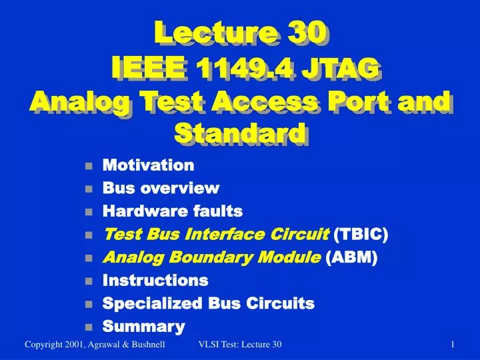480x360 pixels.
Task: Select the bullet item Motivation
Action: coord(149,165)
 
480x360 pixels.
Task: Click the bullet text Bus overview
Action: coord(161,188)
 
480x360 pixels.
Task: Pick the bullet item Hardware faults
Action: coord(173,211)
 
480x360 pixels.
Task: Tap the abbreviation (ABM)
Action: coord(351,257)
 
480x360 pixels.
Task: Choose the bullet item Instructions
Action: coord(155,280)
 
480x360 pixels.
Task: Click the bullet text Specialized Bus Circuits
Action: coord(208,303)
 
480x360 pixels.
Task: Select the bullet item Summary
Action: coord(143,326)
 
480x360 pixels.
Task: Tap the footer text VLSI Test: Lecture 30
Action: coord(240,344)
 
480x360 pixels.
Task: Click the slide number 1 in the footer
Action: coord(452,344)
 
